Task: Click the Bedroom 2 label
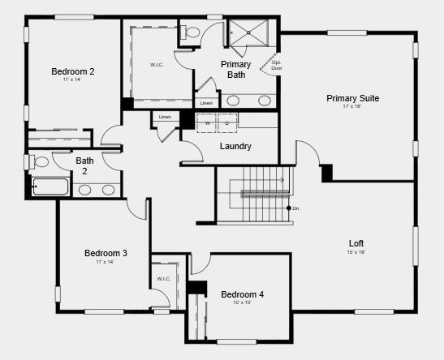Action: (x=73, y=71)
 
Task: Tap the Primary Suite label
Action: (x=352, y=98)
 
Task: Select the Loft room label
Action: (x=356, y=242)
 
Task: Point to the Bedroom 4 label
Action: (x=242, y=294)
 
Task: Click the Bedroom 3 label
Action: (x=106, y=253)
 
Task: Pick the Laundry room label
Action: (x=235, y=146)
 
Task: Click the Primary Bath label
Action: (x=236, y=69)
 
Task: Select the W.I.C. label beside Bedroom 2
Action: (x=157, y=64)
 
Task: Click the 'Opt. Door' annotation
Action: (x=277, y=65)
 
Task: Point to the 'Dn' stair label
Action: (x=296, y=208)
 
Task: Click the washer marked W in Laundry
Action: (x=207, y=123)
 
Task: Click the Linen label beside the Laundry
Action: (x=165, y=117)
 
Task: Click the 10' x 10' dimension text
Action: (x=242, y=302)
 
